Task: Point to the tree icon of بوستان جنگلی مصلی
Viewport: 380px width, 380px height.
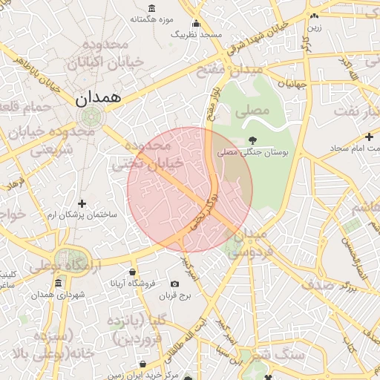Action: click(x=252, y=139)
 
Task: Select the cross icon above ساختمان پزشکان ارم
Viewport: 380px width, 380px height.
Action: click(x=82, y=203)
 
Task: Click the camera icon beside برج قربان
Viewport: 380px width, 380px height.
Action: click(x=174, y=284)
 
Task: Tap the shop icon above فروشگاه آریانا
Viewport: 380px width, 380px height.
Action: click(x=132, y=272)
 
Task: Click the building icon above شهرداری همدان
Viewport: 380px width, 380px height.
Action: click(x=59, y=283)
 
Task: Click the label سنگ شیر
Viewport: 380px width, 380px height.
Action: click(x=278, y=355)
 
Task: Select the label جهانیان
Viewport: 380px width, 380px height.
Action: click(x=292, y=84)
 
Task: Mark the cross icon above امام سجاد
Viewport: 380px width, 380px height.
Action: click(x=369, y=137)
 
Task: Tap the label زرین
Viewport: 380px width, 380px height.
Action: click(x=314, y=27)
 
